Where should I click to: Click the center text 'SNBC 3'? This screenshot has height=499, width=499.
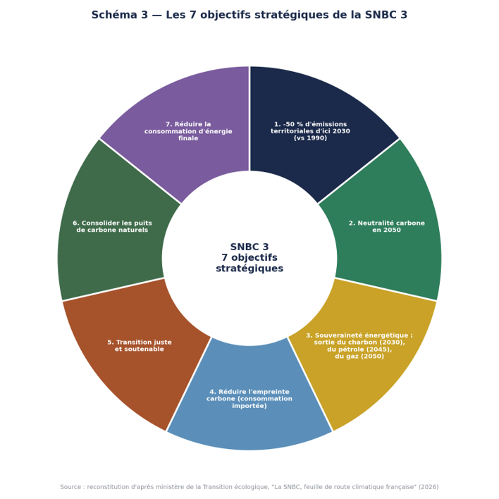pyautogui.click(x=249, y=247)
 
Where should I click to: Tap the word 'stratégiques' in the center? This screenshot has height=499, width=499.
pyautogui.click(x=249, y=269)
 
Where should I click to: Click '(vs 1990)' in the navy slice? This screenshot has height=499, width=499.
pyautogui.click(x=310, y=138)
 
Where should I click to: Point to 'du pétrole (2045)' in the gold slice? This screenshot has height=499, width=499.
pyautogui.click(x=359, y=350)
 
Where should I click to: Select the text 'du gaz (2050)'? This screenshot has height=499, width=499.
pyautogui.click(x=359, y=357)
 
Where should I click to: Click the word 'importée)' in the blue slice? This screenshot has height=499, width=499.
pyautogui.click(x=249, y=406)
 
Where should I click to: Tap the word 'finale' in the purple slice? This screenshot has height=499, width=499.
pyautogui.click(x=188, y=138)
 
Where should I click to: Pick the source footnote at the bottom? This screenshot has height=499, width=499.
pyautogui.click(x=249, y=487)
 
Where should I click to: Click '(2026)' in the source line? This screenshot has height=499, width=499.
pyautogui.click(x=429, y=487)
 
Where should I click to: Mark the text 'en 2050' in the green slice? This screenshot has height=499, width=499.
pyautogui.click(x=387, y=230)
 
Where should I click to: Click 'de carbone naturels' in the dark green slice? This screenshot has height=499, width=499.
pyautogui.click(x=112, y=230)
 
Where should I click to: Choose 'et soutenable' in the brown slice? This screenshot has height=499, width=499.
pyautogui.click(x=140, y=349)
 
